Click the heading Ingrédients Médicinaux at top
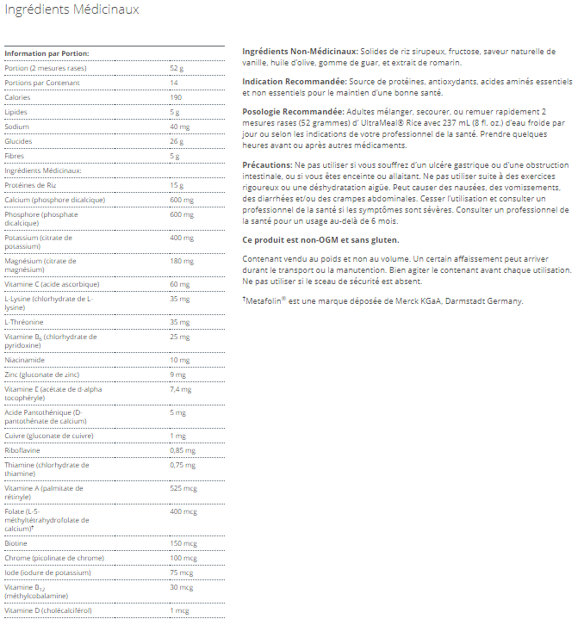tap(71, 10)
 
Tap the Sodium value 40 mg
tap(179, 127)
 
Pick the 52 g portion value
tap(177, 68)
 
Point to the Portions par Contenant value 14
tap(174, 83)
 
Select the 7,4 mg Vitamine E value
tap(179, 390)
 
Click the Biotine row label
tap(16, 543)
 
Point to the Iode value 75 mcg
tap(180, 573)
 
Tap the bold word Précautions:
tap(268, 164)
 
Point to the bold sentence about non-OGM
tap(321, 239)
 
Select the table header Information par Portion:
tap(47, 53)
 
